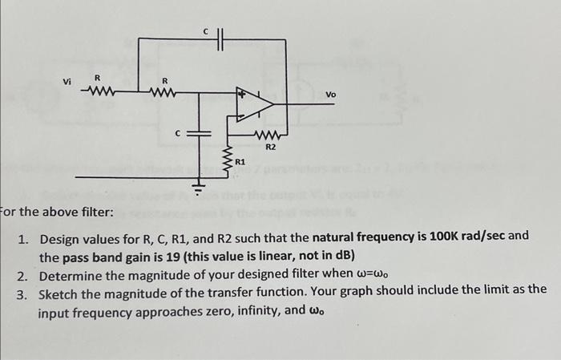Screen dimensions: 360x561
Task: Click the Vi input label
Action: pos(67,82)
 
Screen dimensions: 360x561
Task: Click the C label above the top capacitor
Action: pos(205,30)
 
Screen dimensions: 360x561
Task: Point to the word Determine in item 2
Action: pos(72,276)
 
